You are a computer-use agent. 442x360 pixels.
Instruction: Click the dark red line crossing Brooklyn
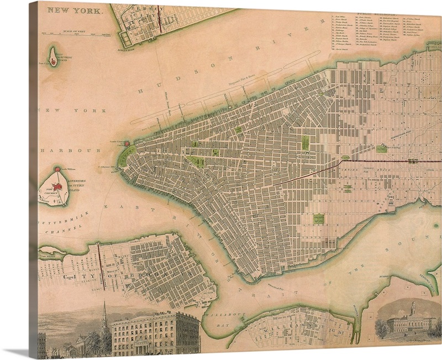99,260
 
